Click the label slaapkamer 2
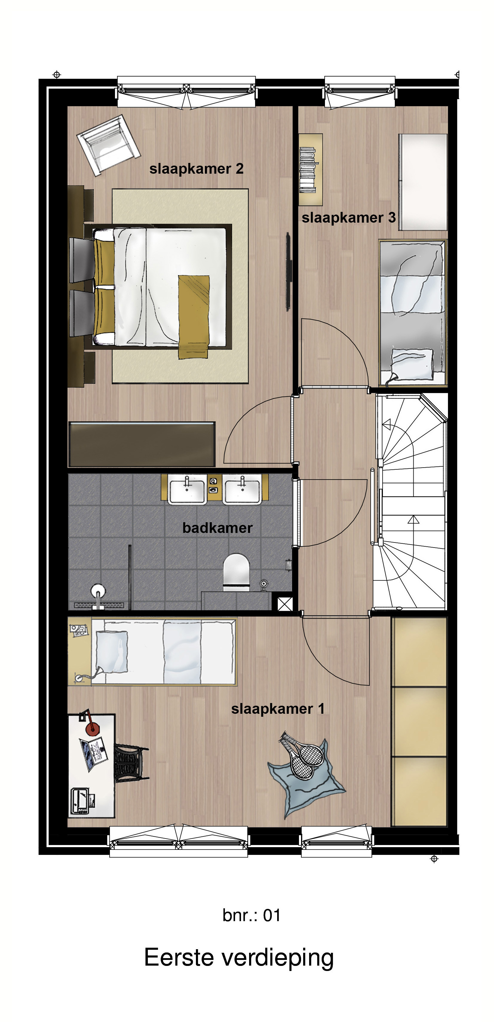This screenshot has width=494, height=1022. tap(196, 169)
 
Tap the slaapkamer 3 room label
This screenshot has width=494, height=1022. tap(349, 218)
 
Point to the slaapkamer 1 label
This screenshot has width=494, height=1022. tap(277, 709)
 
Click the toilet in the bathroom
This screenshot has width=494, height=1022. tap(236, 572)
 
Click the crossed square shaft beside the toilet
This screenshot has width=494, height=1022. tap(285, 604)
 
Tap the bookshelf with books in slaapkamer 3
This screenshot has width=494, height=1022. tap(310, 169)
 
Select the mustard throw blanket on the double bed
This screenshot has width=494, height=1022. tap(194, 317)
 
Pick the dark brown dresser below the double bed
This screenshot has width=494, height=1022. tap(142, 444)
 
